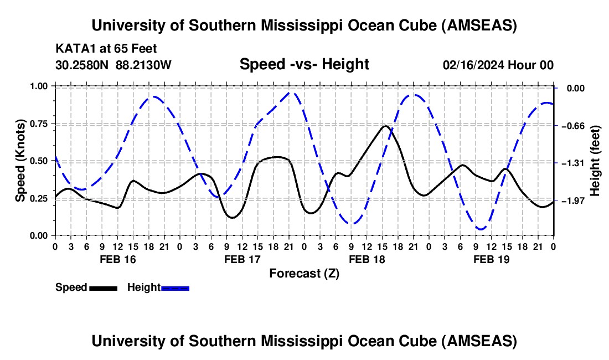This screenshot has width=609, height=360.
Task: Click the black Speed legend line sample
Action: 103,288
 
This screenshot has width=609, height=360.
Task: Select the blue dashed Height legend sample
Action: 176,288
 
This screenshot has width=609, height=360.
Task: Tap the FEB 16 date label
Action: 118,259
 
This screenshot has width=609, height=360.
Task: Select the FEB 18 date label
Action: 367,259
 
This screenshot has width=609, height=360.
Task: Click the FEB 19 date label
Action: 492,259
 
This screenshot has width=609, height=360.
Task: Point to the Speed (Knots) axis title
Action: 20,161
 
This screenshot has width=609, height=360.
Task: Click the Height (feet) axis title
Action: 595,161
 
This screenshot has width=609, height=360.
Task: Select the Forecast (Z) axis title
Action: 304,273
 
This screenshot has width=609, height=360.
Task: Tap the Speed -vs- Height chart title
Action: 304,65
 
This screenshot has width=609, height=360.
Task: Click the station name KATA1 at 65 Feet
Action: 106,48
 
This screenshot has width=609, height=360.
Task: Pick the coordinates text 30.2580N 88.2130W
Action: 113,65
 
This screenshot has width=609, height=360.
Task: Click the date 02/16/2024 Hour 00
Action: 498,65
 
